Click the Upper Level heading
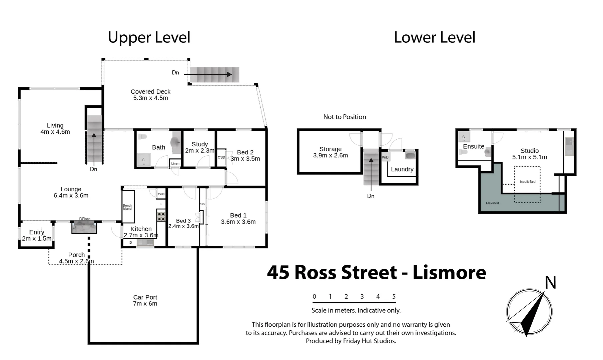(x=149, y=37)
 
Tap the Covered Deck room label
(x=150, y=92)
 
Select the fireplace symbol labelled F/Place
(x=84, y=228)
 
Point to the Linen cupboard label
(x=175, y=163)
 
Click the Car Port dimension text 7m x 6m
(x=145, y=304)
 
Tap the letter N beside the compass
(x=550, y=283)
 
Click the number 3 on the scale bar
(x=362, y=296)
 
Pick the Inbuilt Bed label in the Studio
(x=527, y=182)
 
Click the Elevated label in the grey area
(x=492, y=203)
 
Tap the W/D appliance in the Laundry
(x=385, y=157)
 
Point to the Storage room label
(x=331, y=149)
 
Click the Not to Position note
(x=345, y=117)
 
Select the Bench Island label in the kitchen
(x=127, y=207)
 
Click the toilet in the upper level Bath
(x=143, y=137)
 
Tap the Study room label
(x=200, y=144)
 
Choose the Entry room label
(x=37, y=232)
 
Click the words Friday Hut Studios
(x=370, y=341)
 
